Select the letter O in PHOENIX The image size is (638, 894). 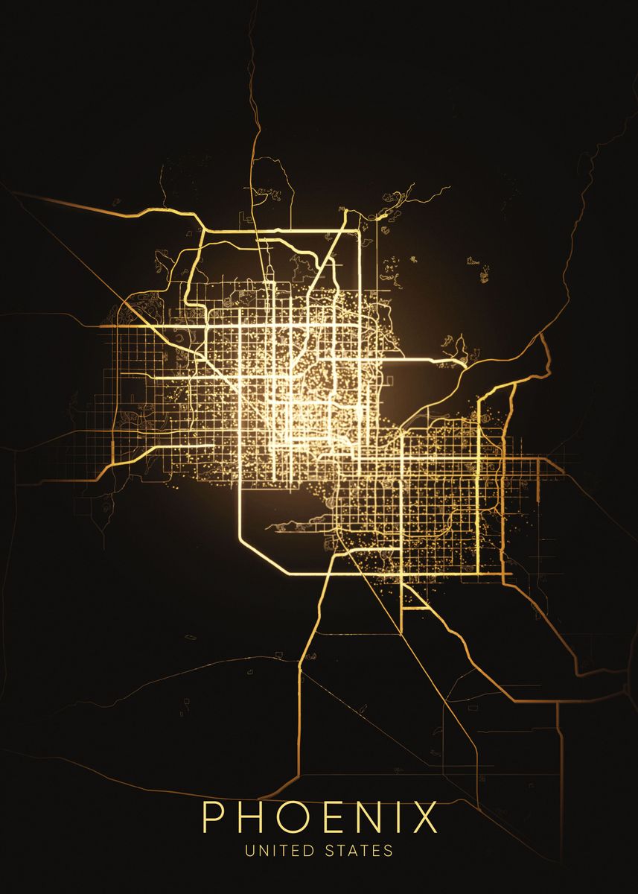[x=294, y=818]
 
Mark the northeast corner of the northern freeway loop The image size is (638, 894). [x=358, y=233]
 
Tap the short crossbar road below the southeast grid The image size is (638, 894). [x=416, y=609]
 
